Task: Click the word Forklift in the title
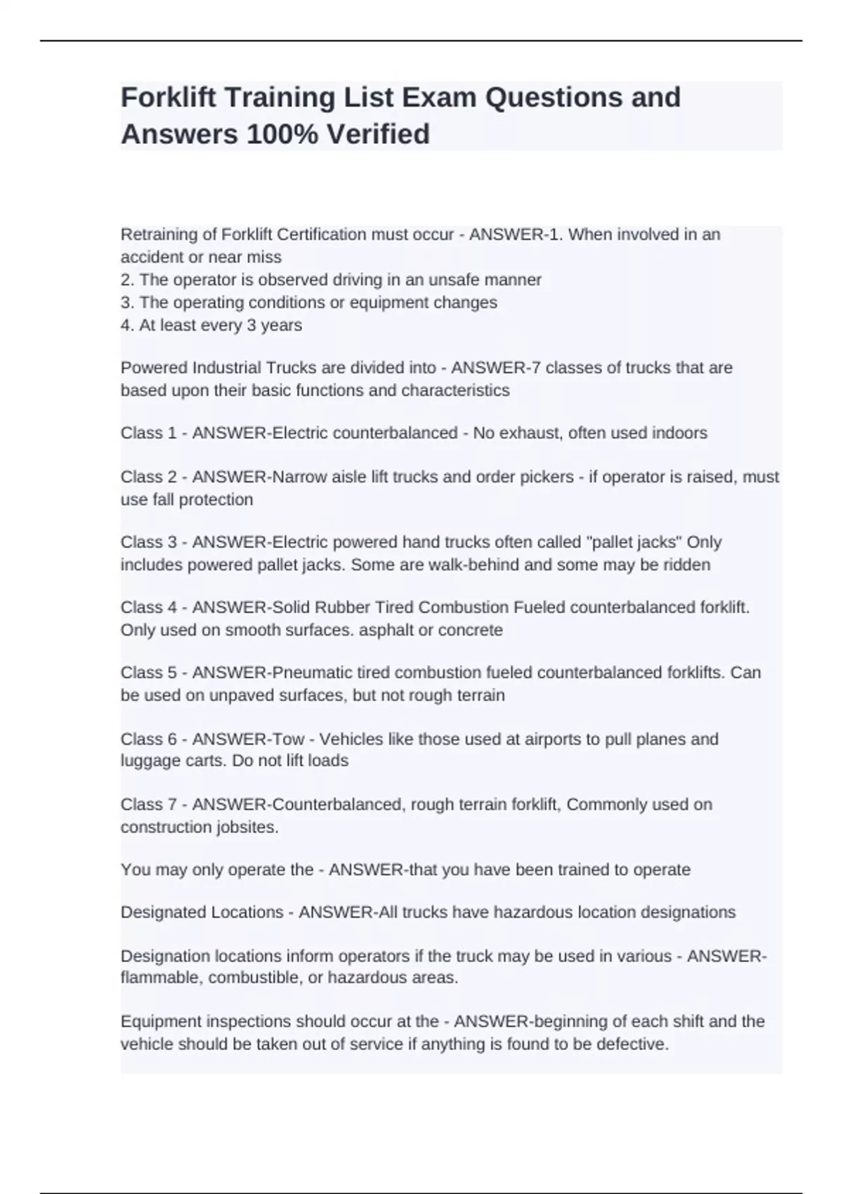(x=169, y=98)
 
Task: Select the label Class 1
(x=148, y=433)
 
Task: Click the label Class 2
(x=148, y=477)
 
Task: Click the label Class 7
(x=148, y=804)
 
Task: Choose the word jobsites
(x=239, y=827)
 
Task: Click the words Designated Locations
(x=202, y=912)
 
